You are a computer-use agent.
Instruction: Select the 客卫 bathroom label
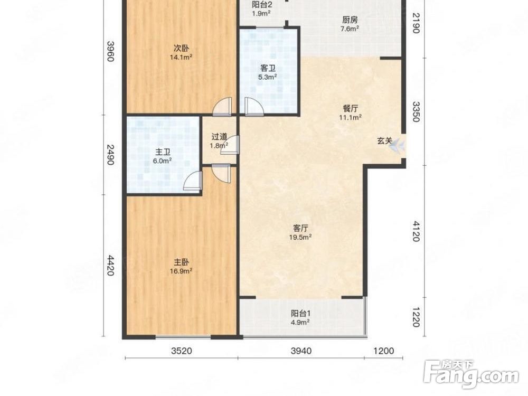(268, 68)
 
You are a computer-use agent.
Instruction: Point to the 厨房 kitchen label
(350, 20)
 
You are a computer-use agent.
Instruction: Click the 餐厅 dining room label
(351, 108)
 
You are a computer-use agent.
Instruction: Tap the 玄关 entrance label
(384, 141)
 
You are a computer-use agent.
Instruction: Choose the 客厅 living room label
(300, 228)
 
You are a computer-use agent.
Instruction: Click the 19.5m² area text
(300, 238)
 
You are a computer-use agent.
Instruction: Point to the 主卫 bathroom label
(163, 152)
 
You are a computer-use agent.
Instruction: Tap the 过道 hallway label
(219, 137)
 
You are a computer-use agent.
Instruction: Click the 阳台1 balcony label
(301, 314)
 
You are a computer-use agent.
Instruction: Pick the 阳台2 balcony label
(262, 5)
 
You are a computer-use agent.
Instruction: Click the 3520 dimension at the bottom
(182, 351)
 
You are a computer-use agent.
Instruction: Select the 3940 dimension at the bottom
(301, 351)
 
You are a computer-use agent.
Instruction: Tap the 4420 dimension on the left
(110, 266)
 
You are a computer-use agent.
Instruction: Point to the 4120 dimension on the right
(416, 231)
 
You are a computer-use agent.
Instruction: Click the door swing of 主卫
(193, 182)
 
